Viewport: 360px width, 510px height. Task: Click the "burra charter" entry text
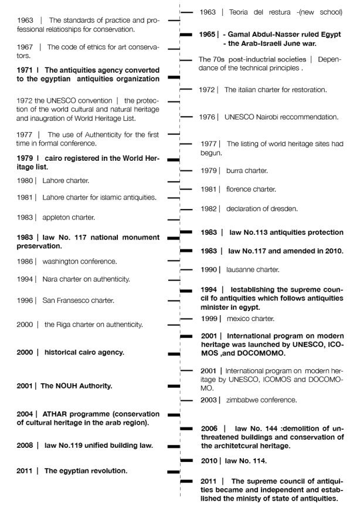coord(247,170)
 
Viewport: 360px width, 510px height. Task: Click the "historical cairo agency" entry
coord(84,352)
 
